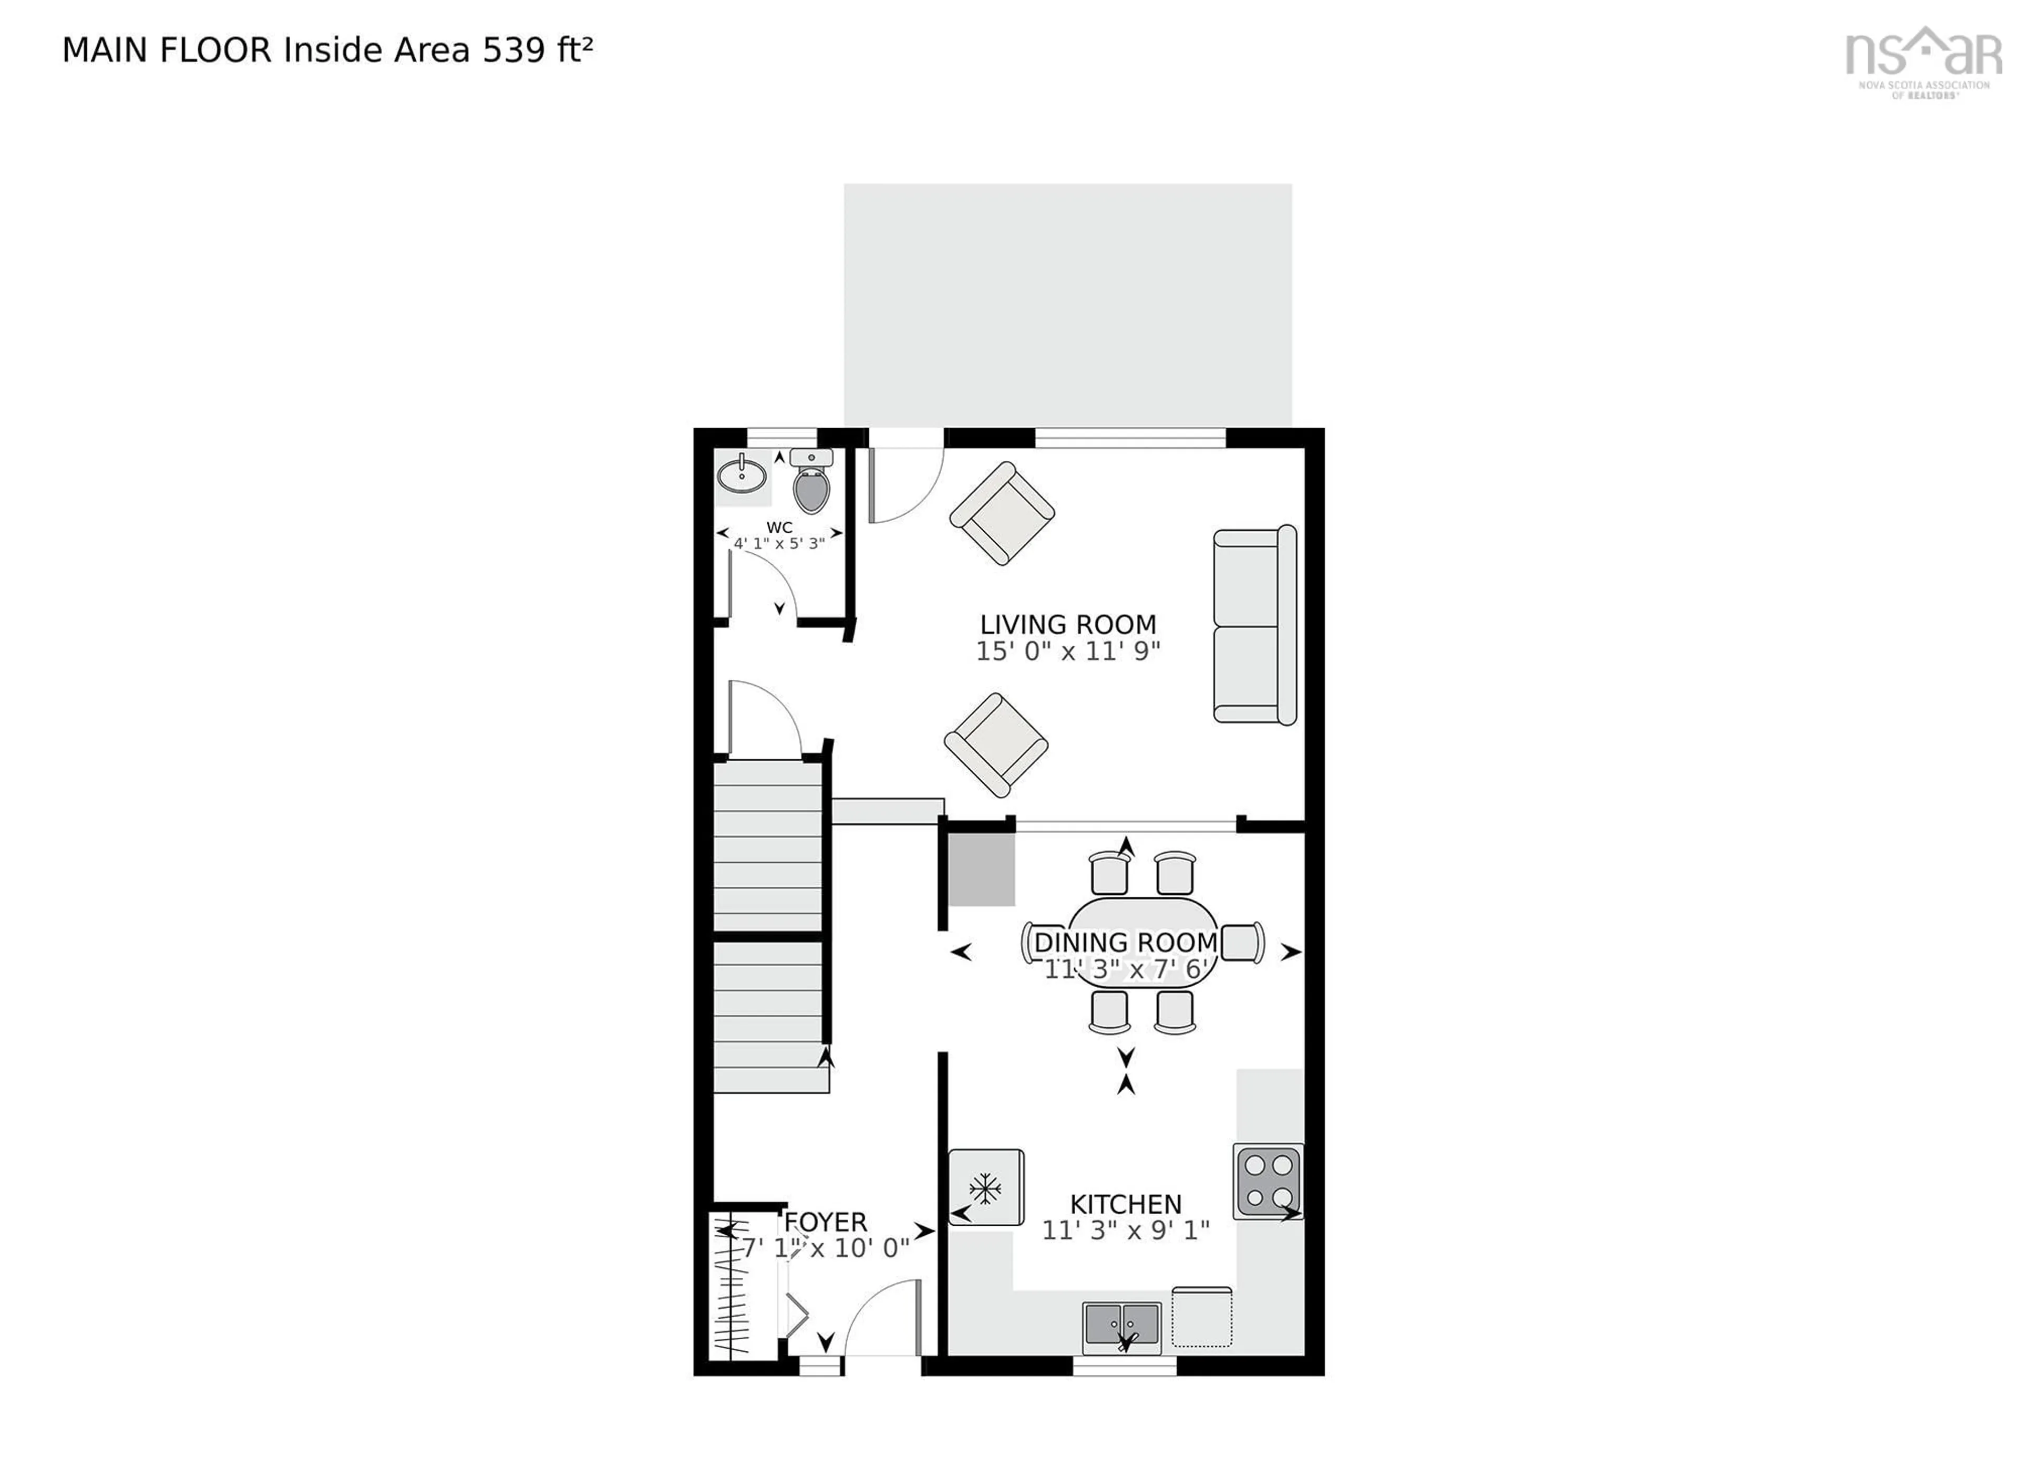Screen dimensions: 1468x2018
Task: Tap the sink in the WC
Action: click(741, 474)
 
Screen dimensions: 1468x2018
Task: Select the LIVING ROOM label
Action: click(1068, 625)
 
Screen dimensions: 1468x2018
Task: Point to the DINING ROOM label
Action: click(1126, 942)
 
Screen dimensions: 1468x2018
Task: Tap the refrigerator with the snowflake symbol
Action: click(985, 1188)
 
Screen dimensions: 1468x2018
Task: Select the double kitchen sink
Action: click(1121, 1325)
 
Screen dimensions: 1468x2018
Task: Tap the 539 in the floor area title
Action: click(513, 51)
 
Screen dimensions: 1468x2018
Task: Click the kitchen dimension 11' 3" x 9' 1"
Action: click(1126, 1231)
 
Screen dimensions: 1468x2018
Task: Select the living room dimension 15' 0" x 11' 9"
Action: click(1068, 652)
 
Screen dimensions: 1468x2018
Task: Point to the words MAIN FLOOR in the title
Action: click(167, 51)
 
